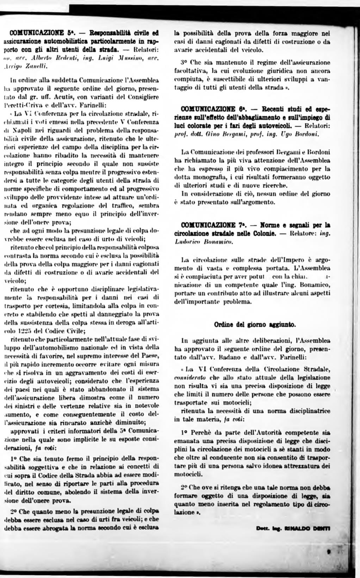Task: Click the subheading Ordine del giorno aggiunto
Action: [255, 324]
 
